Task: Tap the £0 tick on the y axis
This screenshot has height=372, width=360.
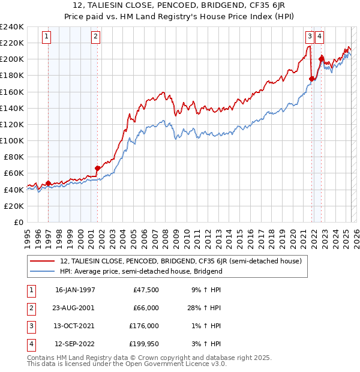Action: click(17, 222)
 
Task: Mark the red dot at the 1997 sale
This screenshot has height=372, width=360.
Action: click(49, 183)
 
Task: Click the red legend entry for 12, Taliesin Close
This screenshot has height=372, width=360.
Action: click(184, 261)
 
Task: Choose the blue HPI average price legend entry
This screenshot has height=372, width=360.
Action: click(141, 271)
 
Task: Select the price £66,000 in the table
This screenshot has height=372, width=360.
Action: click(146, 307)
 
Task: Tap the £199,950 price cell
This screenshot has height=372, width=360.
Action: click(144, 344)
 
